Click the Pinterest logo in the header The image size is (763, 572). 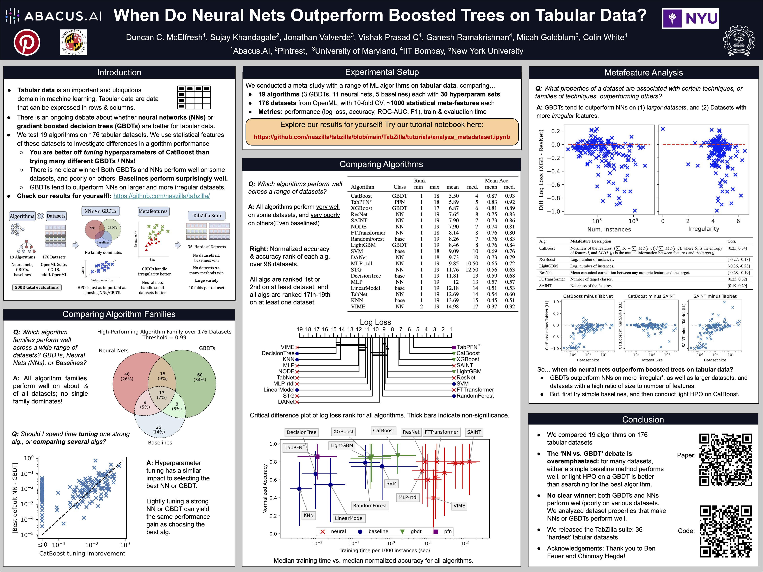[x=27, y=43]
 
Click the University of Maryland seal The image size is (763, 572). [x=74, y=43]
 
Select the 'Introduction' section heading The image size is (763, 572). [x=119, y=72]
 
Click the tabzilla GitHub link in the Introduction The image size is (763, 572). [x=161, y=196]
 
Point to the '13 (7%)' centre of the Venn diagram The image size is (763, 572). [x=162, y=395]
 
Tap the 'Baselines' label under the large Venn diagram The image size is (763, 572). [x=160, y=442]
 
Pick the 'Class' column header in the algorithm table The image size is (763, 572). [x=399, y=187]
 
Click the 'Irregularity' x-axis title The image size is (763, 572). [x=703, y=229]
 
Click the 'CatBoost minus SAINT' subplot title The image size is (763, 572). [x=651, y=296]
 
